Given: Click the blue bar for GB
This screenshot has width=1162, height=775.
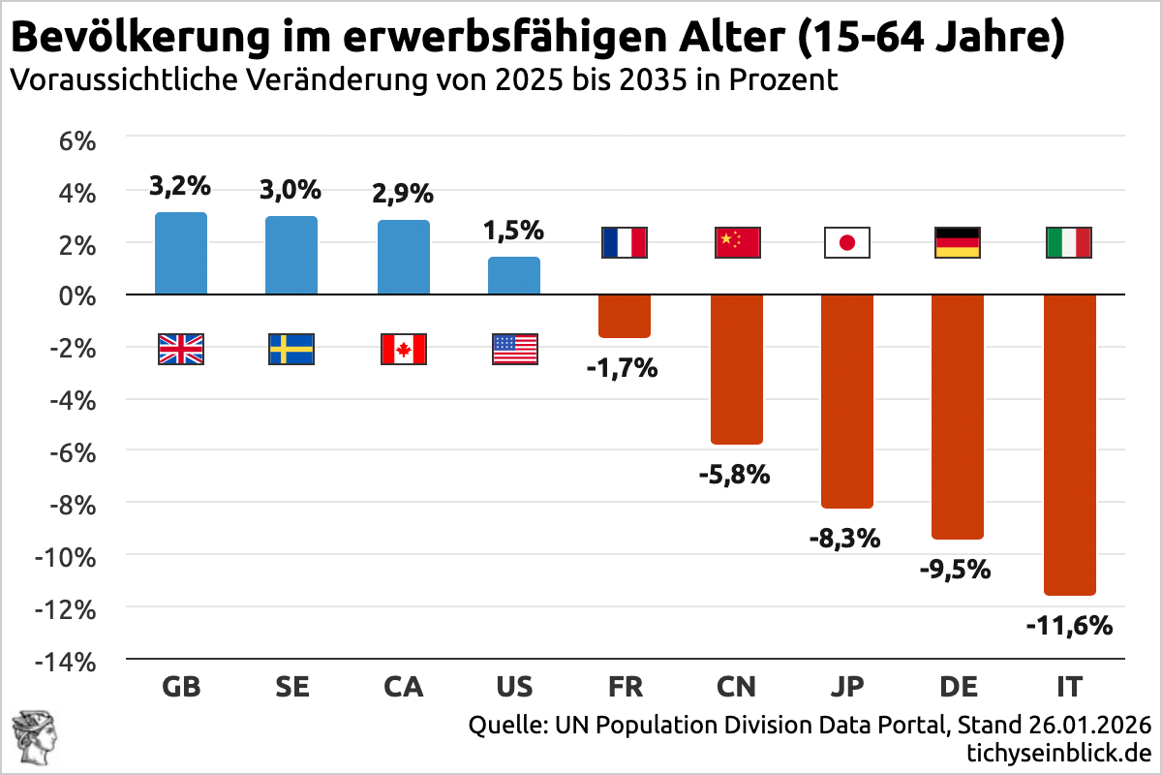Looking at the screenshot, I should pyautogui.click(x=181, y=253).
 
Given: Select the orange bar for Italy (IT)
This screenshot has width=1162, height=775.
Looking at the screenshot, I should pyautogui.click(x=1069, y=444).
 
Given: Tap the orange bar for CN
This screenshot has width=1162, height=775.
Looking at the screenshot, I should pyautogui.click(x=737, y=368).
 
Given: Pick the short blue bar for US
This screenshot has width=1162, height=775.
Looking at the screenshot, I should pyautogui.click(x=514, y=275).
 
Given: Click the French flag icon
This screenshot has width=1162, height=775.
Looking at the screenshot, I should pyautogui.click(x=625, y=242).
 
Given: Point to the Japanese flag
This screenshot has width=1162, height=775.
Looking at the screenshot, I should pyautogui.click(x=847, y=242).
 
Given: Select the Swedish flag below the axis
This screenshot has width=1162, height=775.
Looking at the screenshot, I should pyautogui.click(x=291, y=349).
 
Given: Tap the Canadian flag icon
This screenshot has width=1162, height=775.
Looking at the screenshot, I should pyautogui.click(x=404, y=349).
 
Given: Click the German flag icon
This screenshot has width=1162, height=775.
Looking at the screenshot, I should pyautogui.click(x=958, y=242).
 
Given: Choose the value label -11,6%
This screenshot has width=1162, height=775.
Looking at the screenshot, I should pyautogui.click(x=1069, y=626).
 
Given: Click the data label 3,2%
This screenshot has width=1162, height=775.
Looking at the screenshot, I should pyautogui.click(x=180, y=185).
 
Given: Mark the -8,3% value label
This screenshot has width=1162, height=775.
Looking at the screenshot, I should pyautogui.click(x=845, y=538).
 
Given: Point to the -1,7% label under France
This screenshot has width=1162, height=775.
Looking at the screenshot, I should pyautogui.click(x=623, y=368).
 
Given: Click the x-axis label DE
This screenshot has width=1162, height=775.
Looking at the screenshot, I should pyautogui.click(x=958, y=687).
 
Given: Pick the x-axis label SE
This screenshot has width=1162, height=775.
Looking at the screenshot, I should pyautogui.click(x=292, y=687).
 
